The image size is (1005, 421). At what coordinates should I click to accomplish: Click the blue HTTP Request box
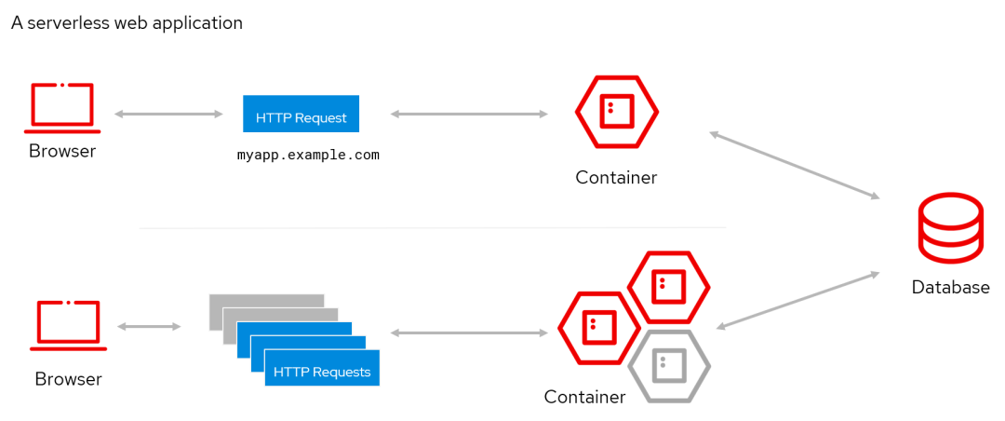click(x=301, y=114)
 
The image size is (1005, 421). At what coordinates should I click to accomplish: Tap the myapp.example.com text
click(x=308, y=155)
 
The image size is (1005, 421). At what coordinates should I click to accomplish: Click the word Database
click(x=950, y=287)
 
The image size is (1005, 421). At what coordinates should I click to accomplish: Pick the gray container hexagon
click(x=669, y=366)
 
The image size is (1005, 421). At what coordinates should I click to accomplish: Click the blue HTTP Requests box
click(x=322, y=368)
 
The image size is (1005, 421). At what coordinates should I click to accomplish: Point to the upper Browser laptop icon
click(x=62, y=108)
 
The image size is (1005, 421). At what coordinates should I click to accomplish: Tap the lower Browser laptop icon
click(x=68, y=326)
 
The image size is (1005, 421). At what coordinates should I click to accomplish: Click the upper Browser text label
click(x=62, y=152)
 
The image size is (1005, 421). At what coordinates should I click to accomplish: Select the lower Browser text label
click(x=68, y=379)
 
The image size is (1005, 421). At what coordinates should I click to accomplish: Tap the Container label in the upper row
click(x=616, y=177)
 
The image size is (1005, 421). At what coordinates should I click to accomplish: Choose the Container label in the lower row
click(x=584, y=397)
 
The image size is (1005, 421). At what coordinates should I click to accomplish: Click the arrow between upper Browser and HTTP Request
click(x=168, y=115)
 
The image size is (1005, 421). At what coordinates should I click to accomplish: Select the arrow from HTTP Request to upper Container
click(x=469, y=115)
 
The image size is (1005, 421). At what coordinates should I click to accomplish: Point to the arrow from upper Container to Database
click(x=795, y=164)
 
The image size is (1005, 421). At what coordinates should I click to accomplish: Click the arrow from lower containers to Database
click(x=798, y=300)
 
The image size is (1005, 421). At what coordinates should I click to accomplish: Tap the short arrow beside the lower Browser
click(x=149, y=327)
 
